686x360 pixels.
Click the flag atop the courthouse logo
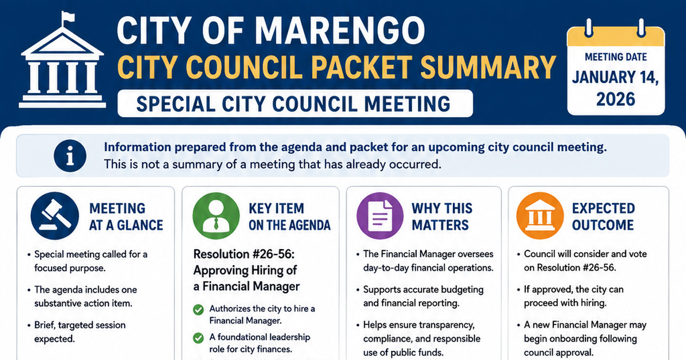coord(67,18)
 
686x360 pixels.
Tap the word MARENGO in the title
coord(340,31)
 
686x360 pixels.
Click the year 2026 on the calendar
coord(616,99)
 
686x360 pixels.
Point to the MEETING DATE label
coord(616,57)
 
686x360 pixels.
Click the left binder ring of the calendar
coord(588,28)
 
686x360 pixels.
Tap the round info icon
coord(70,156)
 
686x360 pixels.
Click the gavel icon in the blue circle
coord(55,216)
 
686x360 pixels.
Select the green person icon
coord(216,216)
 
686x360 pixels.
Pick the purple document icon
coord(380,216)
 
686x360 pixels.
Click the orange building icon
coord(540,216)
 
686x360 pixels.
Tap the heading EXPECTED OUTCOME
coord(603,217)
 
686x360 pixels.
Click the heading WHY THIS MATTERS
coord(442,217)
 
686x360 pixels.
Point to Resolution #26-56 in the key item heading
coord(244,254)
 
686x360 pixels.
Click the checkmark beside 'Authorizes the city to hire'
coord(198,310)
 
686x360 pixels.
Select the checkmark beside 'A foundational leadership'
coord(198,338)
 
